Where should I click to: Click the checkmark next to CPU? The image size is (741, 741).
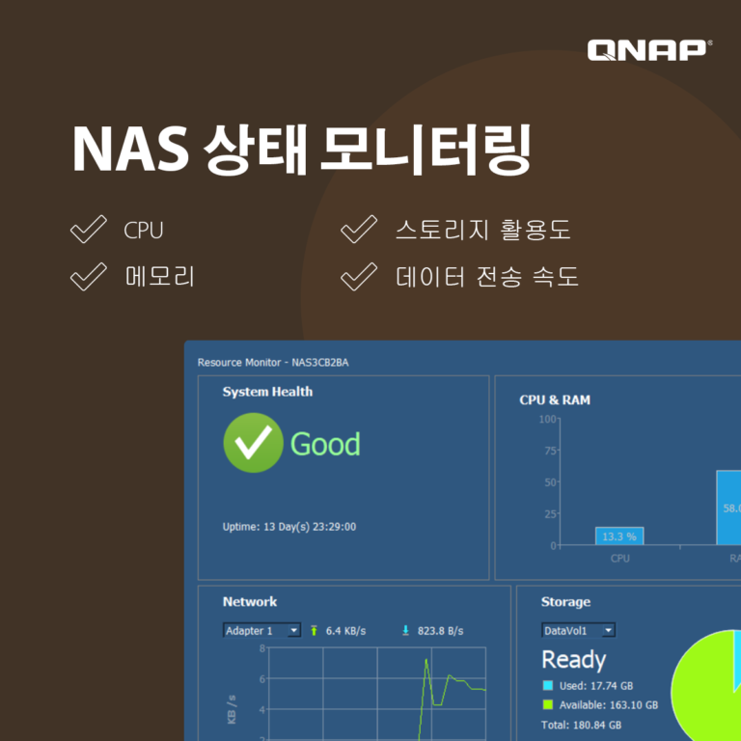point(88,231)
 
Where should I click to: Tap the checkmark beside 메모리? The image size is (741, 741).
point(88,277)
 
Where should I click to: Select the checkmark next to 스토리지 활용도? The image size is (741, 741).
point(358,231)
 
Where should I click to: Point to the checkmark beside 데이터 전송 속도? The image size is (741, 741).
point(358,277)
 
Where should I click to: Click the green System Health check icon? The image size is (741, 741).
point(253,444)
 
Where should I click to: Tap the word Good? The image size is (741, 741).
point(325,445)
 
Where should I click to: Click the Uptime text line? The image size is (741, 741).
point(289,527)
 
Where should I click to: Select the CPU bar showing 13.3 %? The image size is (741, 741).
point(619,535)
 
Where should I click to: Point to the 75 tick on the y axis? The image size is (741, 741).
point(551,451)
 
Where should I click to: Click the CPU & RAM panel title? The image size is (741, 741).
point(555,399)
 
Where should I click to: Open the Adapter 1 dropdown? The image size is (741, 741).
point(261,631)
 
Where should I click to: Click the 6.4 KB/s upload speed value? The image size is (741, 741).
point(345,631)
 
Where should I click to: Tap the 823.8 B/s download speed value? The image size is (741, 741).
point(440,631)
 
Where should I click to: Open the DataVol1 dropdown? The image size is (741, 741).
point(578,630)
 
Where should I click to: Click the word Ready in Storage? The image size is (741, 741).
point(574,660)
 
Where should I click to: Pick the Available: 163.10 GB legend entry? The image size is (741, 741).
point(608,705)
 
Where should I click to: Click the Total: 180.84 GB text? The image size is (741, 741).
point(581,725)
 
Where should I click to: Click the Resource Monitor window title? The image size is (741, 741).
point(273,363)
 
